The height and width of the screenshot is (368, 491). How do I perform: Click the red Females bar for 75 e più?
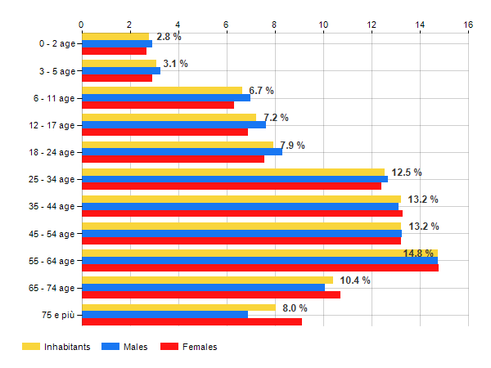pyautogui.click(x=191, y=321)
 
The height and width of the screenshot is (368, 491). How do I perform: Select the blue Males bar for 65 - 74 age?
pyautogui.click(x=203, y=287)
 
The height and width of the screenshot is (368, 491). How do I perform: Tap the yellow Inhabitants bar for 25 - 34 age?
pyautogui.click(x=232, y=172)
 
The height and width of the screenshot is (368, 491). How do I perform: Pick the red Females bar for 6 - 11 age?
pyautogui.click(x=157, y=105)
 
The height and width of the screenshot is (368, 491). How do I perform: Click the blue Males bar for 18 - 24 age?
pyautogui.click(x=182, y=151)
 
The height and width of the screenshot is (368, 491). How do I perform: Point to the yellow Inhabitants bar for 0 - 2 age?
pyautogui.click(x=115, y=36)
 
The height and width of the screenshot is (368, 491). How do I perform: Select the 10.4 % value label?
pyautogui.click(x=355, y=280)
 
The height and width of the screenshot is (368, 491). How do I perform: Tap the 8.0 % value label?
pyautogui.click(x=295, y=307)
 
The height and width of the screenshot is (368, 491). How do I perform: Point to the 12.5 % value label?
pyautogui.click(x=407, y=172)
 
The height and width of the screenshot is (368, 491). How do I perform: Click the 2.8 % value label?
pyautogui.click(x=169, y=37)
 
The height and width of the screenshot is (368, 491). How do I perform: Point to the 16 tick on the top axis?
pyautogui.click(x=468, y=25)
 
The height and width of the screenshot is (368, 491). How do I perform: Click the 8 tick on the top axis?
pyautogui.click(x=275, y=25)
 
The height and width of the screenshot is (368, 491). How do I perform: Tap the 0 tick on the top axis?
pyautogui.click(x=81, y=25)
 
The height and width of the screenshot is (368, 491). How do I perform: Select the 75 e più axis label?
pyautogui.click(x=56, y=315)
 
